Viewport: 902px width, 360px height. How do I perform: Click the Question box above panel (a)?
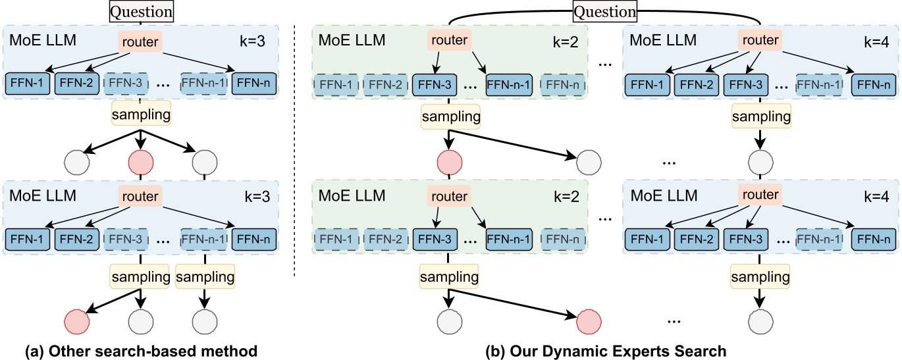(x=142, y=11)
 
